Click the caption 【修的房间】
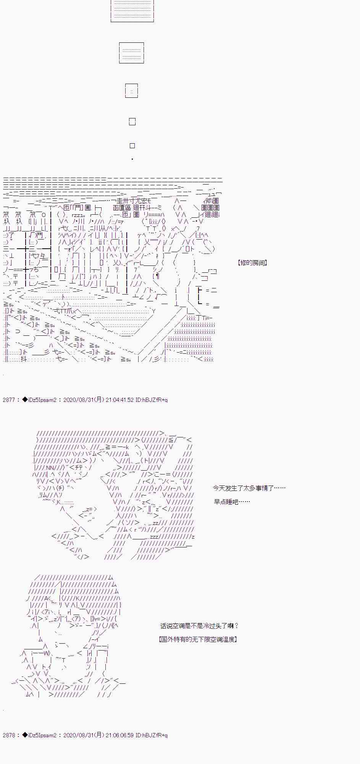tap(252, 263)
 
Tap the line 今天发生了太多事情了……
tap(249, 488)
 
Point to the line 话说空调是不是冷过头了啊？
tap(199, 626)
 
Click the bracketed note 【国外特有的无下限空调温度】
tap(198, 639)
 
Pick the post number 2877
tap(8, 400)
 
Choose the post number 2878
tap(8, 735)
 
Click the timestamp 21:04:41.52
tap(120, 400)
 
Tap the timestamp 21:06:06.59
tap(120, 735)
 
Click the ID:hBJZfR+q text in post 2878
tap(152, 735)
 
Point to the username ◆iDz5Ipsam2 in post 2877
tap(39, 400)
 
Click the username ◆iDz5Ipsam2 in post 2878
tap(39, 735)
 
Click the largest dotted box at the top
tap(132, 10)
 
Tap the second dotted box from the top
tap(132, 53)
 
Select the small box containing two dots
tap(132, 91)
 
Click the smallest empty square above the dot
tap(132, 146)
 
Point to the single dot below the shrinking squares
tap(132, 159)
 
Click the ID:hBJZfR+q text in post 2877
tap(152, 400)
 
